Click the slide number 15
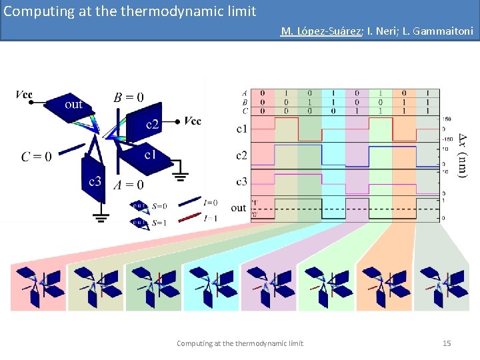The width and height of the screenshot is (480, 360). coord(447,343)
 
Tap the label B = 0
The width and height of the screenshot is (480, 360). coord(129,97)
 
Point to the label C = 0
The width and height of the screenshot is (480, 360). coord(36,157)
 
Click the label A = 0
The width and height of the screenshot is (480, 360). coord(129,185)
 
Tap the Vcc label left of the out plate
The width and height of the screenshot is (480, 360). coord(24,95)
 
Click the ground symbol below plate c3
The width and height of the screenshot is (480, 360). coord(101,215)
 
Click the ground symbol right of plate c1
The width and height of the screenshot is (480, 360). coord(179,177)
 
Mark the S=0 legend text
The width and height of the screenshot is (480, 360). coord(159,206)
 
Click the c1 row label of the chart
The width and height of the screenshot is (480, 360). coord(241,128)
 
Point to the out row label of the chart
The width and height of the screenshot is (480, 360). coord(238,208)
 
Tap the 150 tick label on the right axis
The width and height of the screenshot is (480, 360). coord(447,119)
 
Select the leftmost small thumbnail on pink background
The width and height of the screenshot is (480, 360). coord(38,287)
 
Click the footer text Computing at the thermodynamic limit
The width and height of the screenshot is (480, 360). coord(239,343)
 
